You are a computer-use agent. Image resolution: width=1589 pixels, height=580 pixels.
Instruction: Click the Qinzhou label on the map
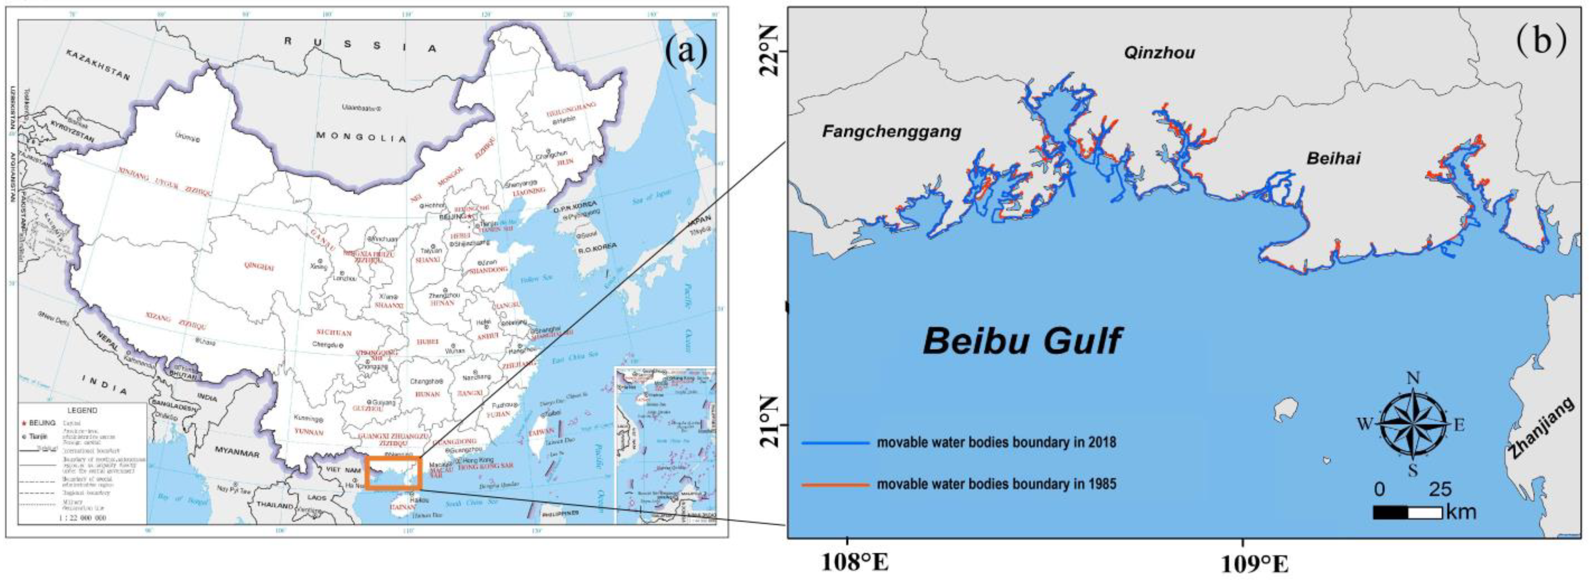tap(1159, 53)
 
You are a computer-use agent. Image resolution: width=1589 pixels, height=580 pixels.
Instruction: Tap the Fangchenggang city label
tap(891, 131)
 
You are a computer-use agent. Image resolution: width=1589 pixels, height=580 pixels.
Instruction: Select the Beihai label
tap(1333, 158)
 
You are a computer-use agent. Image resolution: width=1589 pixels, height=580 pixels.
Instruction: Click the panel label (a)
tap(685, 53)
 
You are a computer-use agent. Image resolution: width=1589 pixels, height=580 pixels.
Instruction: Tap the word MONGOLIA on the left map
tap(361, 136)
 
